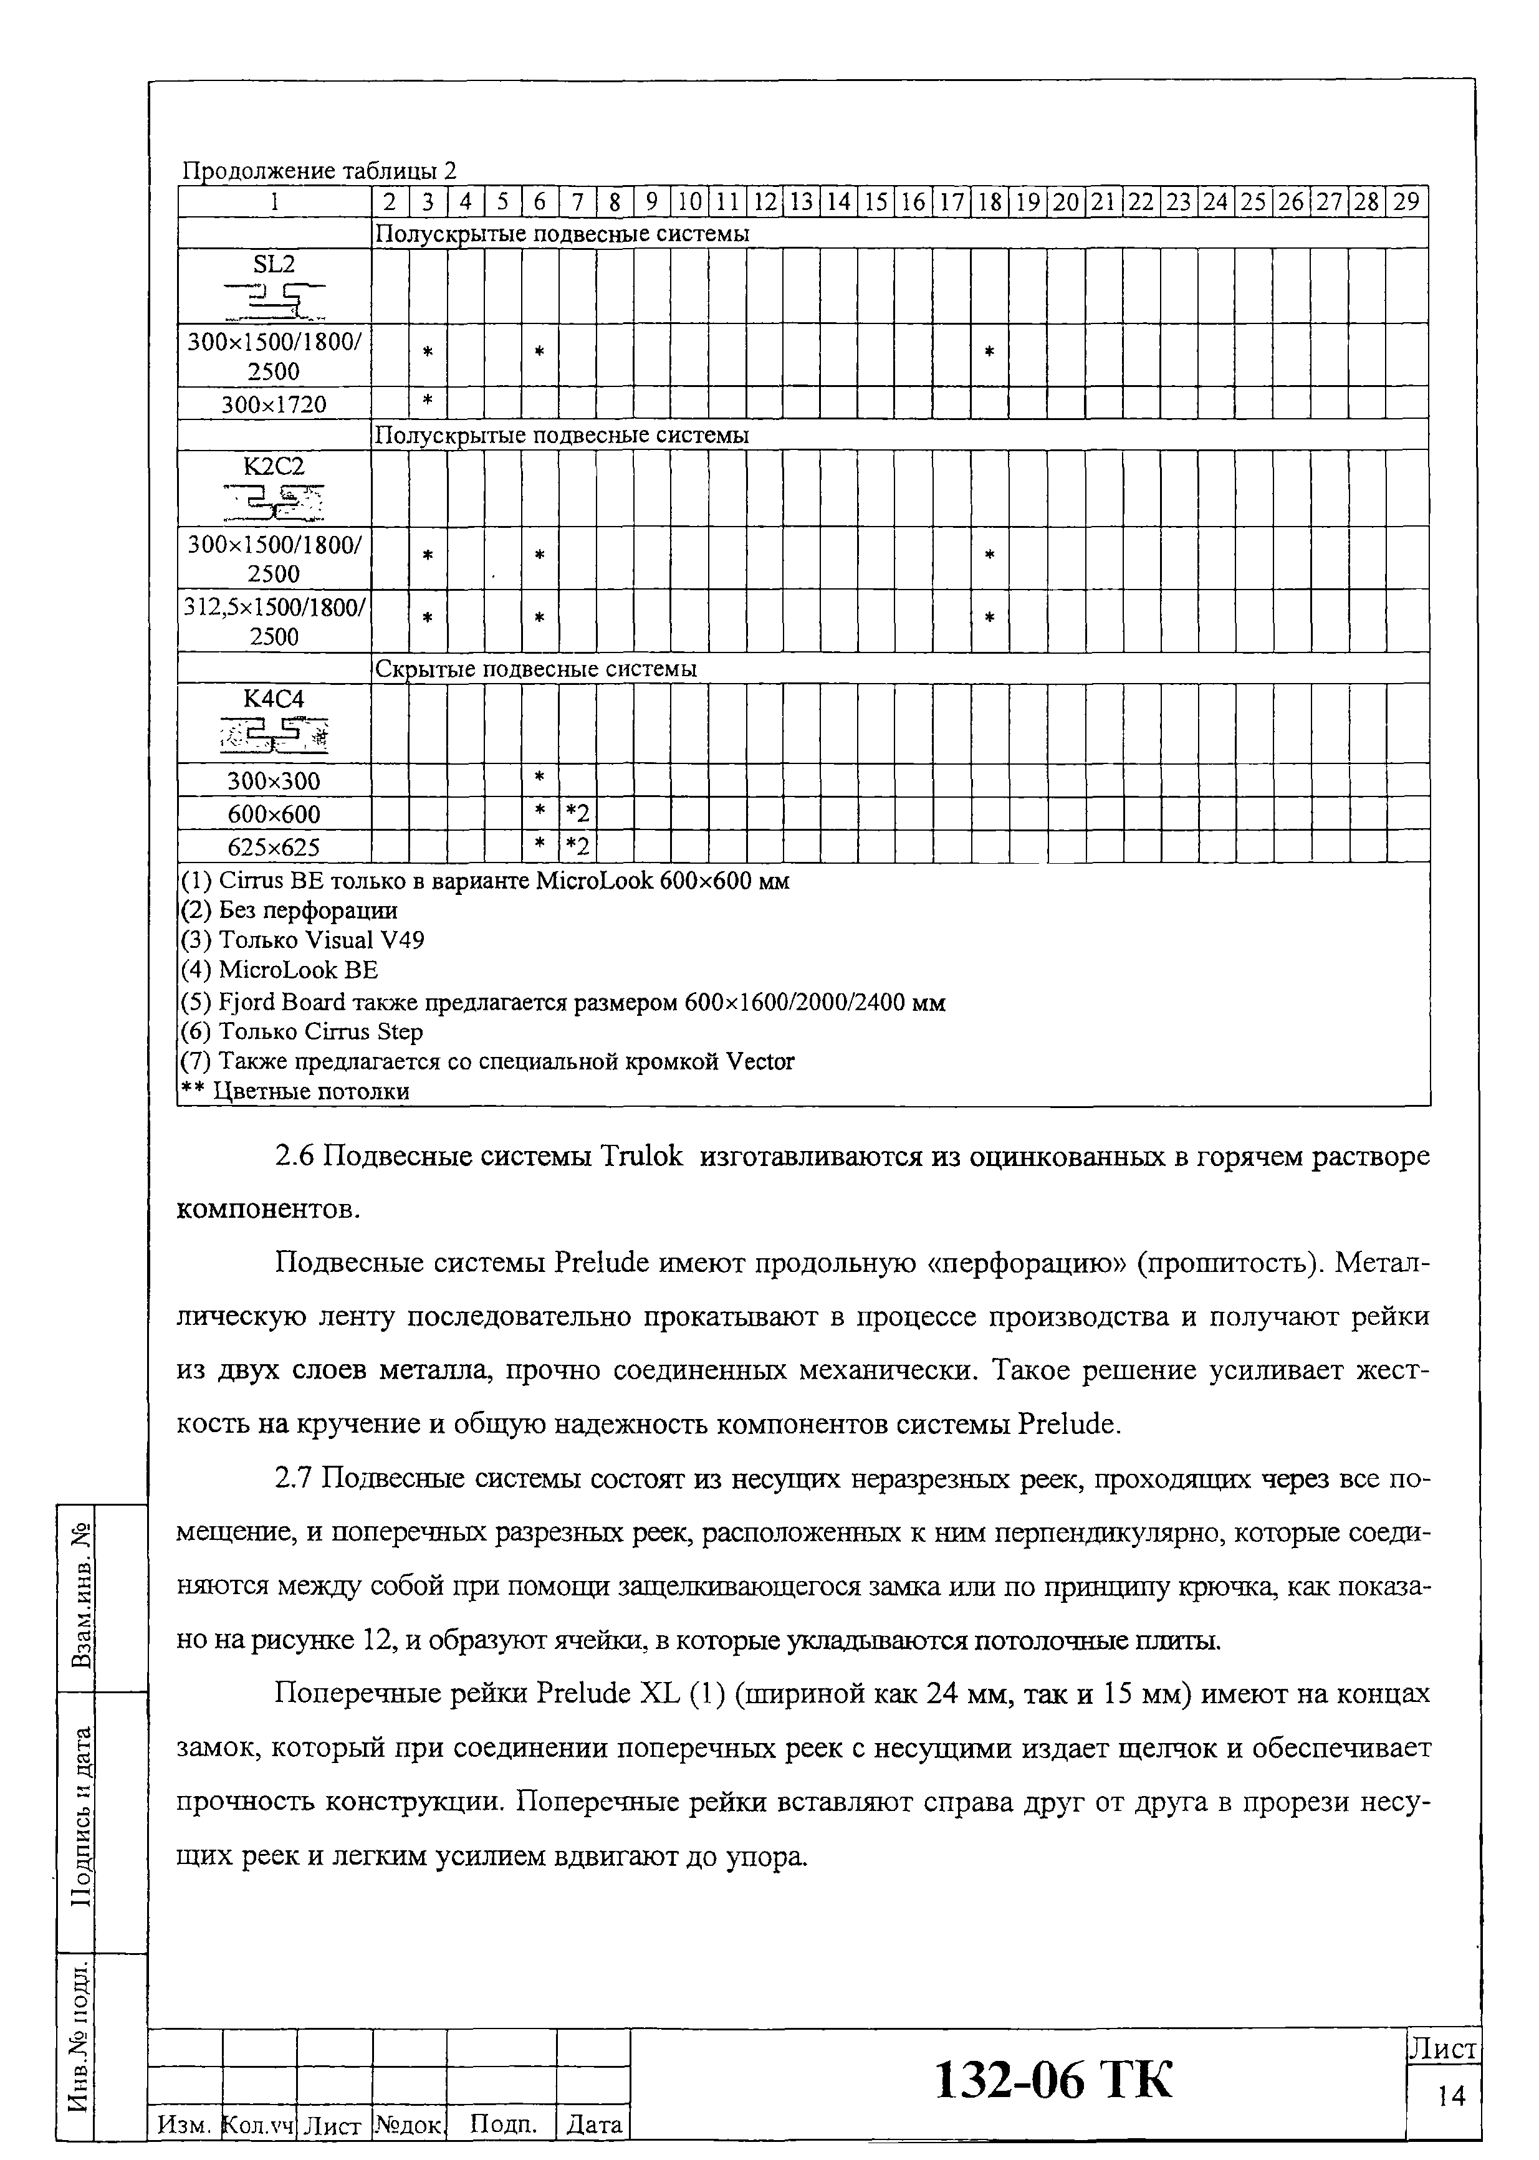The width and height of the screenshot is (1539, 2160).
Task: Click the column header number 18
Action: click(x=989, y=202)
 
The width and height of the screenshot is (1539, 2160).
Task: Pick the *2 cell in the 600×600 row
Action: click(x=577, y=813)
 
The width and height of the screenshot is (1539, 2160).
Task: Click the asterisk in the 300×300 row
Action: click(x=539, y=779)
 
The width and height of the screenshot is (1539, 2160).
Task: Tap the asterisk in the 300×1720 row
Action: click(x=428, y=402)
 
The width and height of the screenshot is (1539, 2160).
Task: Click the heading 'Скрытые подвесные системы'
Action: click(x=537, y=669)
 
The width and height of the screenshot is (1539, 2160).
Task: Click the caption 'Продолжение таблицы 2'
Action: click(x=319, y=171)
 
